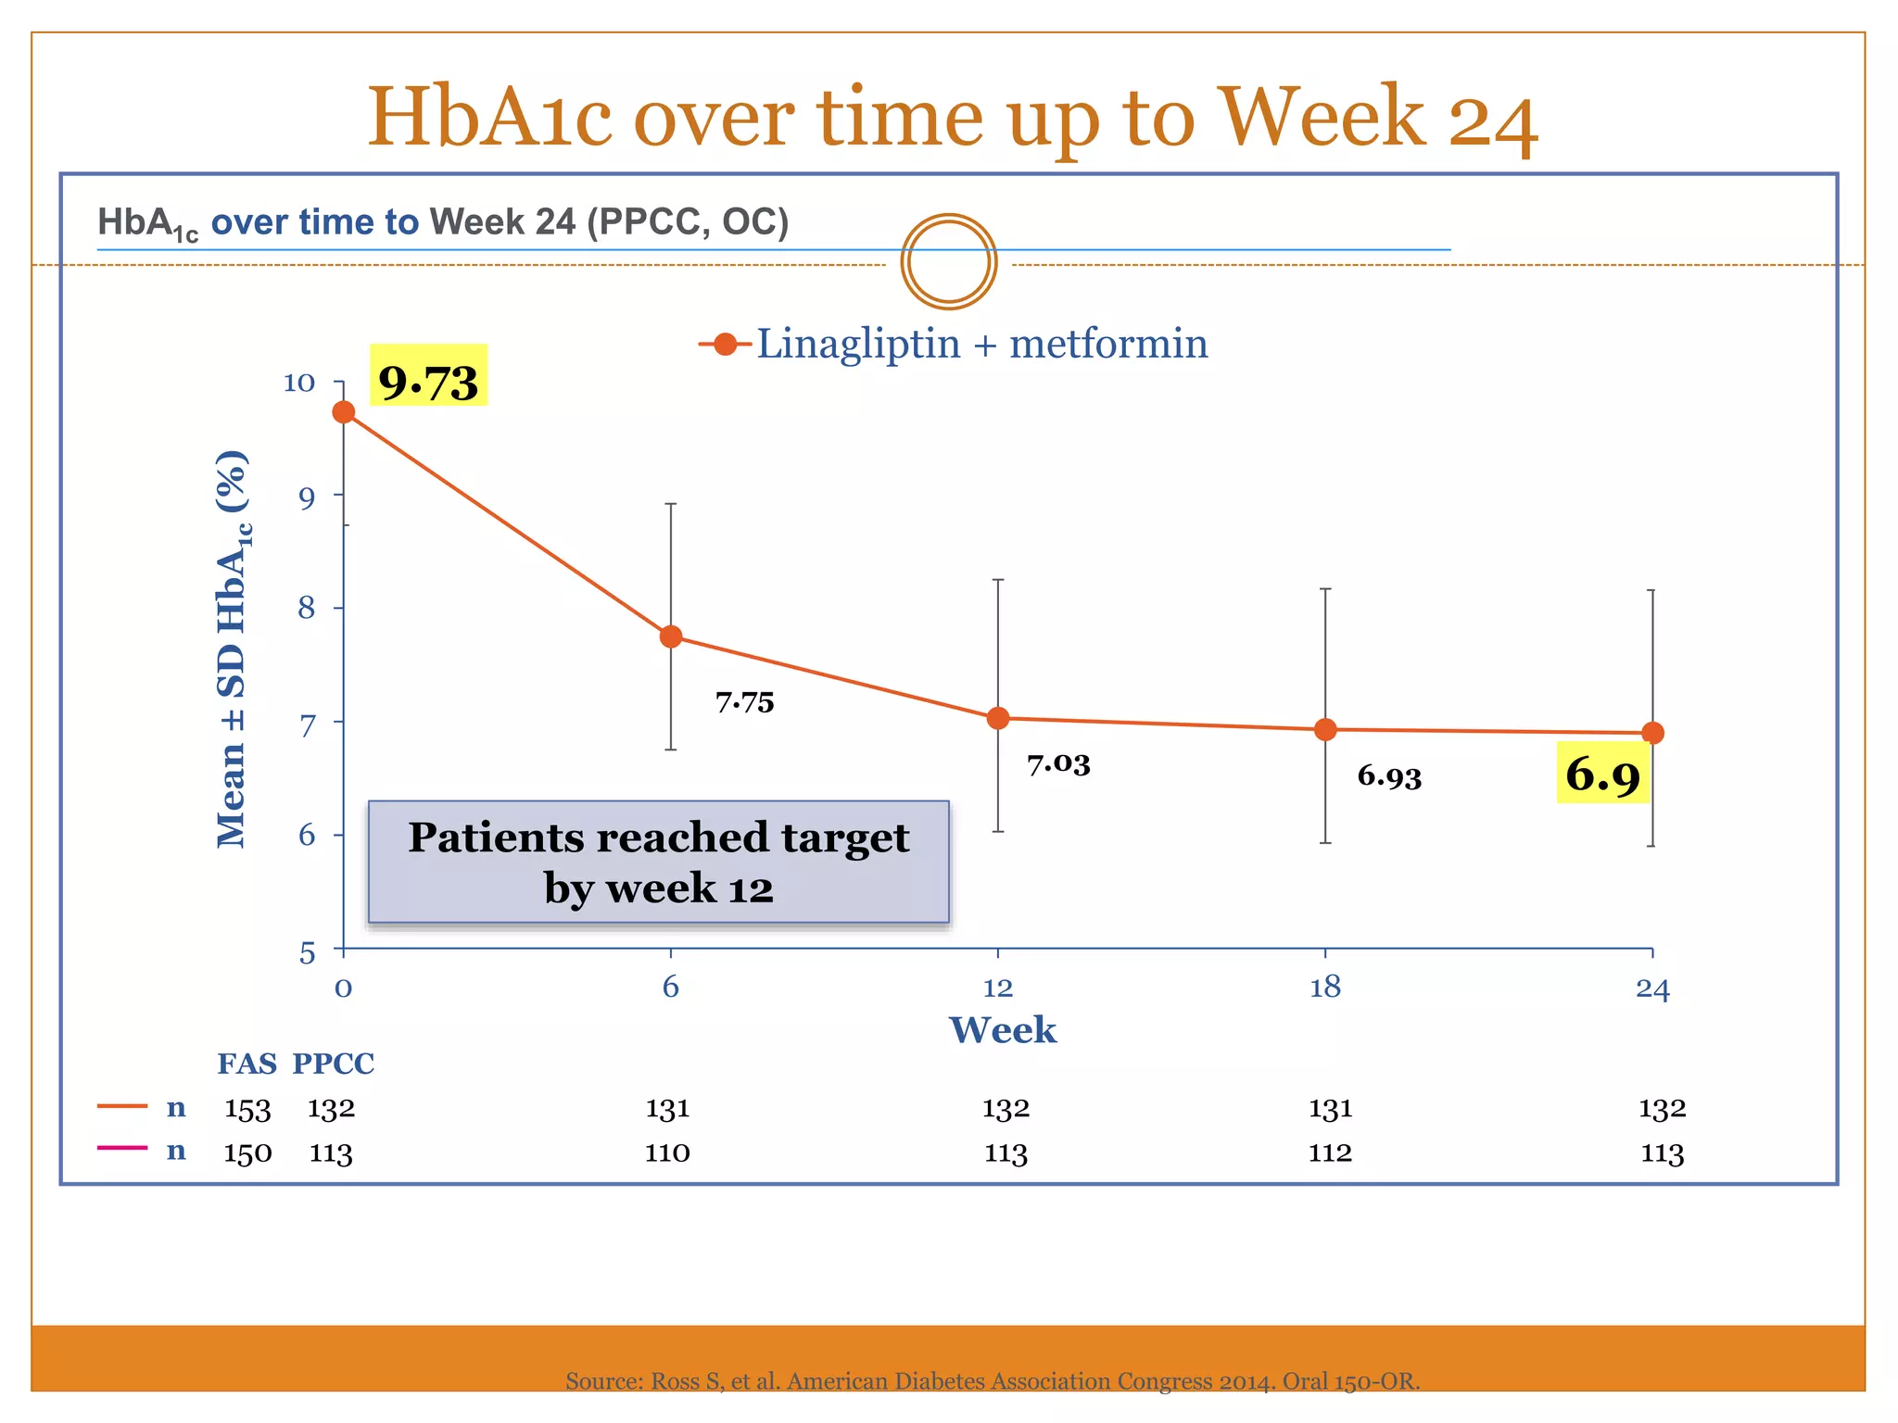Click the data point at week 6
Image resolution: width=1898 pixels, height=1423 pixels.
click(671, 636)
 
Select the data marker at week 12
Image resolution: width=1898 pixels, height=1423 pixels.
click(998, 718)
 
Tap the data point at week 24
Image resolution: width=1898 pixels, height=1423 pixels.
click(1652, 733)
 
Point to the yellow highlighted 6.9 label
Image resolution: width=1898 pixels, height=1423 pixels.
click(1602, 774)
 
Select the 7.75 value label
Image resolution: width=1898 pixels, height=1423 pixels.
click(744, 702)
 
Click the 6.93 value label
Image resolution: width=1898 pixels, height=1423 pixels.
click(1389, 776)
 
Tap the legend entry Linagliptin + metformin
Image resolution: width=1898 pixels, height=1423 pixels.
click(955, 345)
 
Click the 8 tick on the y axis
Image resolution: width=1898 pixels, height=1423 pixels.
click(307, 609)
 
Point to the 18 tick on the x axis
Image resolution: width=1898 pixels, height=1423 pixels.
click(1325, 988)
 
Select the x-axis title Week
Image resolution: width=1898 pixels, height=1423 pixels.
click(1002, 1030)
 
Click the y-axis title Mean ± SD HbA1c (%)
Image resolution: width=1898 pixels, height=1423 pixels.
click(232, 649)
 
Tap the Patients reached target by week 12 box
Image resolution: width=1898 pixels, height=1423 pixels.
click(658, 862)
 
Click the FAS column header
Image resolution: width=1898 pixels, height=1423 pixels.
click(247, 1064)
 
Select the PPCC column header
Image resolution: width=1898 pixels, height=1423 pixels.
click(334, 1064)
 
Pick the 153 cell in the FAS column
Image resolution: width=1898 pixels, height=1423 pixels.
click(247, 1109)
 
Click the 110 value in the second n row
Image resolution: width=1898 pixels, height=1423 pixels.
click(667, 1153)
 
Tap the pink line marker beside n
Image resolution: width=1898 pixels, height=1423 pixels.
click(122, 1149)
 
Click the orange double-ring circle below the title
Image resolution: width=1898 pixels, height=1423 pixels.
click(948, 262)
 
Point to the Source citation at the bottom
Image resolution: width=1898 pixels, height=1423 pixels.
click(992, 1381)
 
